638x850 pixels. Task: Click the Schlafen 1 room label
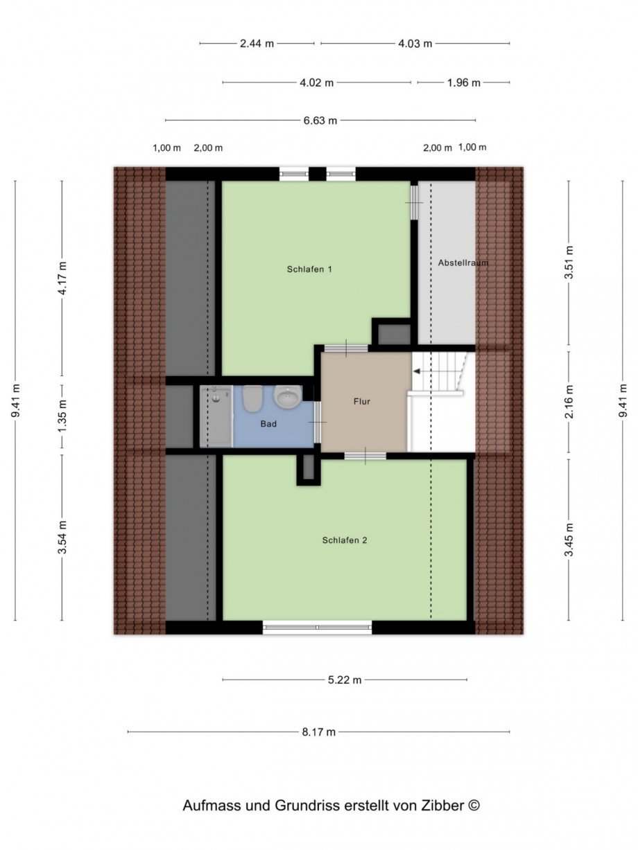click(x=309, y=269)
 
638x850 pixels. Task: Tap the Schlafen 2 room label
click(x=345, y=540)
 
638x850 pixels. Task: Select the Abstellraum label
click(x=458, y=263)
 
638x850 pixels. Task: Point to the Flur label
click(x=361, y=401)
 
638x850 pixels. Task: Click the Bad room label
click(x=269, y=423)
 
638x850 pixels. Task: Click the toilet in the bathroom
click(x=252, y=398)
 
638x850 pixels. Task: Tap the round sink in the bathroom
click(x=286, y=397)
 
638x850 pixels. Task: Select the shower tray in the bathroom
click(x=216, y=416)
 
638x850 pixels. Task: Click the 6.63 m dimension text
click(x=320, y=121)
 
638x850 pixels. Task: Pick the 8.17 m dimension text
click(x=319, y=732)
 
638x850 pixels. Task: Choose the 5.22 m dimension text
click(x=345, y=680)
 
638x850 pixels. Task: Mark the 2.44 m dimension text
click(x=257, y=44)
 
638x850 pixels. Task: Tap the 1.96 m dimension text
click(x=464, y=82)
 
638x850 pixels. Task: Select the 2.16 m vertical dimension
click(x=569, y=404)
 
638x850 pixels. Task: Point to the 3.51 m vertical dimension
click(x=569, y=263)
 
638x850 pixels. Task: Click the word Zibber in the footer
click(x=444, y=806)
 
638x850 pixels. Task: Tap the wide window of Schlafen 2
click(x=318, y=628)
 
